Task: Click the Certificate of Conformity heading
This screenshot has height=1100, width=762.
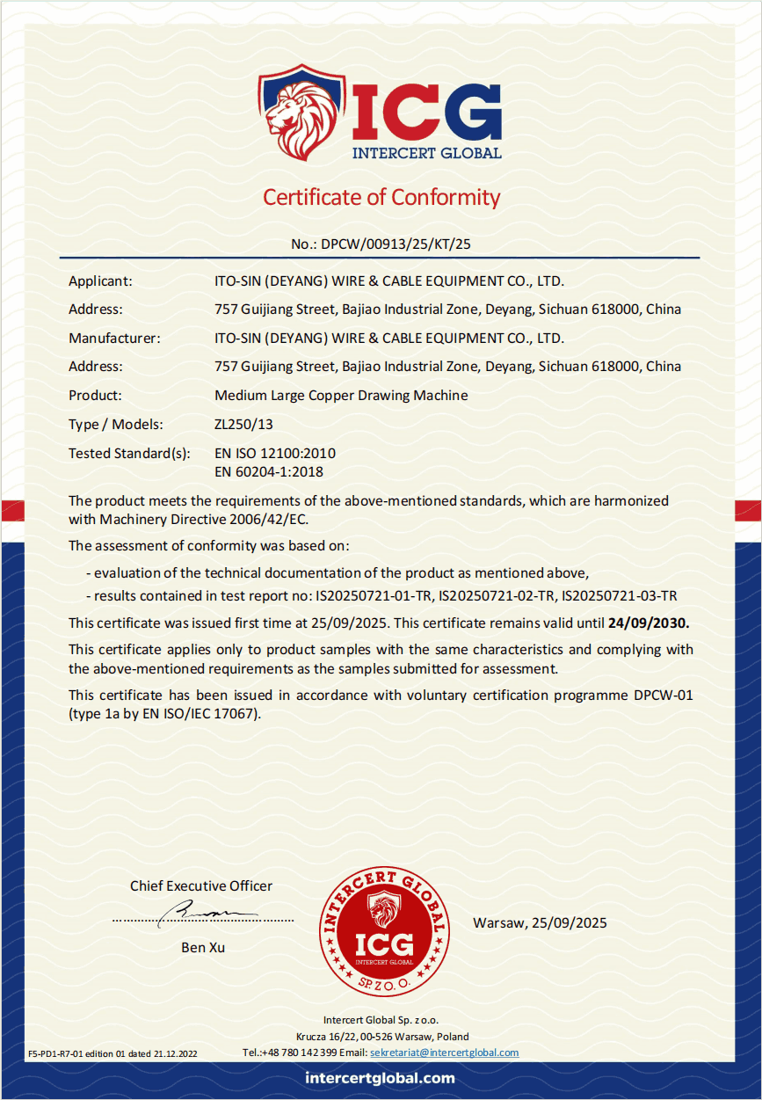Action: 381,197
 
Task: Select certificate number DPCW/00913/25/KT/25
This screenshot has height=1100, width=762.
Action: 396,244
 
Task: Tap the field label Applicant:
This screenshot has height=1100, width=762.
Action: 100,281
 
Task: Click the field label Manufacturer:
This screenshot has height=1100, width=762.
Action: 114,338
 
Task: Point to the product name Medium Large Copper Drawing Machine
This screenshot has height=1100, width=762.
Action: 341,396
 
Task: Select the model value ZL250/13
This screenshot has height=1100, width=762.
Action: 243,425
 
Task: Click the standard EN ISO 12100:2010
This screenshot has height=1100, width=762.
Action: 275,454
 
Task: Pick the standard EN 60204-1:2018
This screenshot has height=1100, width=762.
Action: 269,472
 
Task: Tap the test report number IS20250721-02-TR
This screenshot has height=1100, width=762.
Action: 497,596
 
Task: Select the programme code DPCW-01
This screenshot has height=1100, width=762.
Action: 664,696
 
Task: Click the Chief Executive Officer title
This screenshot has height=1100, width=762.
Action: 201,886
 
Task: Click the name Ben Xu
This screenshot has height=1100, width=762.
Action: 203,948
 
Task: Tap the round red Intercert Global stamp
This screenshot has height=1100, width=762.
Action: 383,931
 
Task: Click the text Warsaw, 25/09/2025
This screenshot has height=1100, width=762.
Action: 540,923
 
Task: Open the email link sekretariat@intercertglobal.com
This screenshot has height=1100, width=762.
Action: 444,1053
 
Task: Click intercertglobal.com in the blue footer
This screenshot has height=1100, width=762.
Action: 381,1078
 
